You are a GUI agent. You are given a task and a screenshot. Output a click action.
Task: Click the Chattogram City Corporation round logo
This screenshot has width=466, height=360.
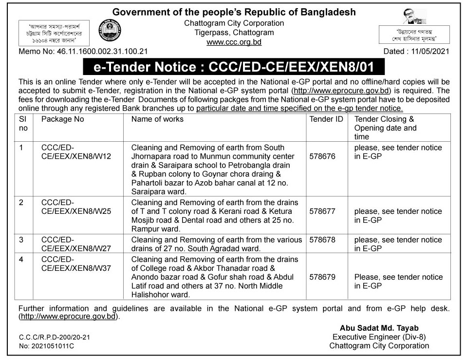(x=110, y=31)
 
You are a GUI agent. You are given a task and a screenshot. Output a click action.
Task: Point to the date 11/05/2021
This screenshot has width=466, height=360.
(x=429, y=51)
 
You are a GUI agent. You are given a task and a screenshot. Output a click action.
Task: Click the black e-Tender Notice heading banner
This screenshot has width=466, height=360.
(x=233, y=66)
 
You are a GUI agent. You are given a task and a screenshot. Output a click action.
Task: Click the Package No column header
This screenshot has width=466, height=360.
(x=63, y=119)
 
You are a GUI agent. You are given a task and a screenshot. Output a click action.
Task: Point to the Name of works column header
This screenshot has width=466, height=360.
(x=157, y=119)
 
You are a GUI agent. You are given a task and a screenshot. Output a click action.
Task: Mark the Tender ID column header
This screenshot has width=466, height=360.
(x=326, y=119)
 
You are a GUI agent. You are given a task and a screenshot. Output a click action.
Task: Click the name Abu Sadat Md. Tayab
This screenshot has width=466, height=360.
(x=376, y=328)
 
